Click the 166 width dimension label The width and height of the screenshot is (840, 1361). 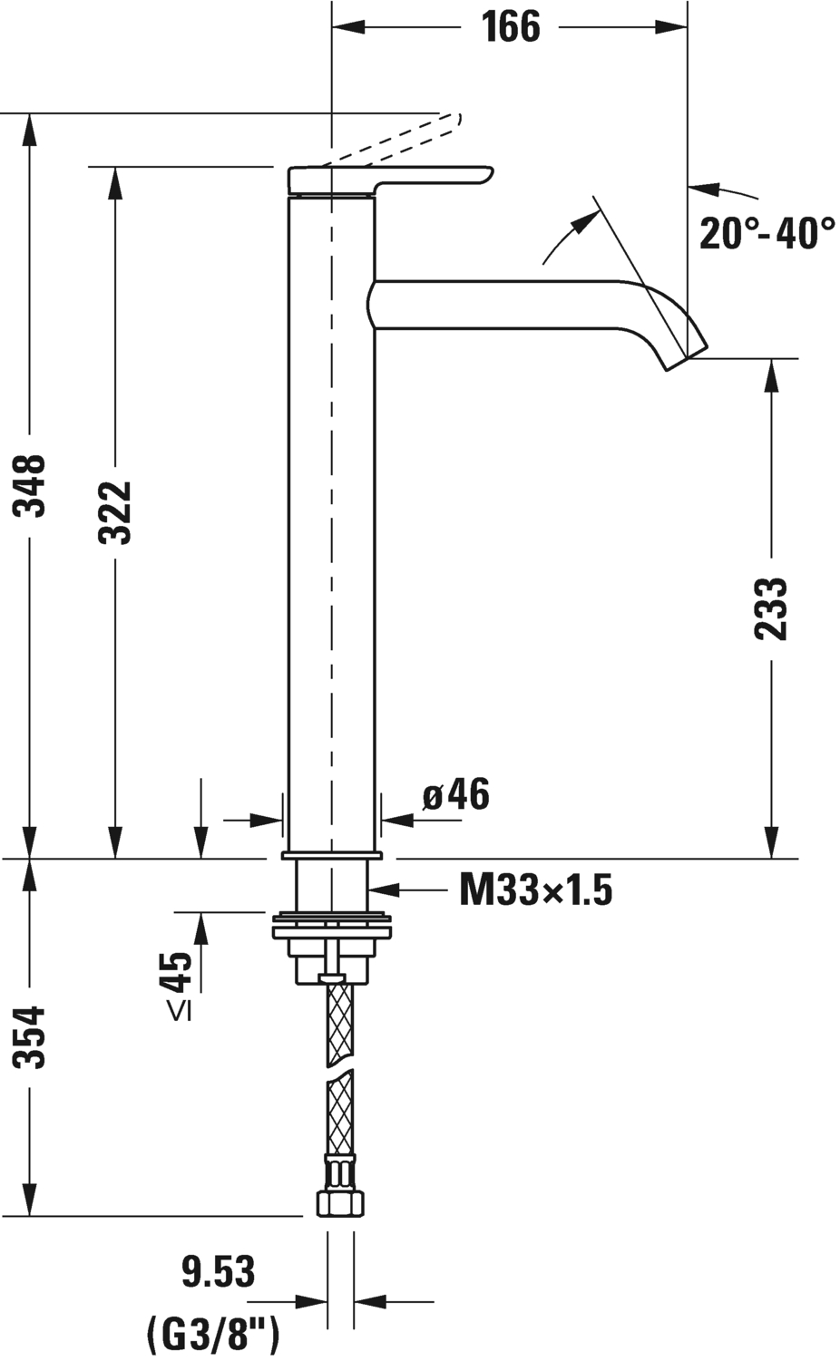[x=511, y=26]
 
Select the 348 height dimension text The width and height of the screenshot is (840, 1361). [x=29, y=485]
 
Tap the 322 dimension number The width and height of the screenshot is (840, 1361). [x=115, y=512]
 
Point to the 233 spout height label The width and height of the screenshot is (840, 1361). [x=770, y=608]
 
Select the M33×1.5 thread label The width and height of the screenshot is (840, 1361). [x=535, y=890]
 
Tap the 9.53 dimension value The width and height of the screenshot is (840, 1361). [x=219, y=1271]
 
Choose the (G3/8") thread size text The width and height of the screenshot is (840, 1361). [x=213, y=1330]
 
